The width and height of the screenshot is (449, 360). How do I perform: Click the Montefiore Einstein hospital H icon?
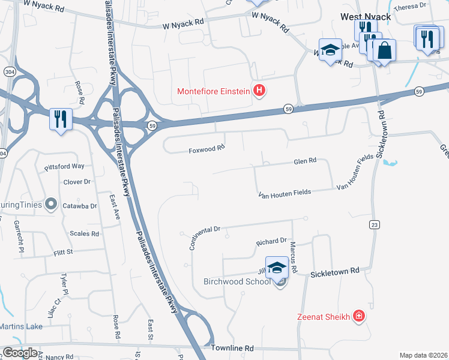coord(259,91)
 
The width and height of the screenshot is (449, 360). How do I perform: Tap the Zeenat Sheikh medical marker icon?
coord(359,316)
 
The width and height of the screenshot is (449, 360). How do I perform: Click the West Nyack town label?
coord(365,17)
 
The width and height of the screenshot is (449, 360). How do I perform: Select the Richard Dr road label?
coord(271,242)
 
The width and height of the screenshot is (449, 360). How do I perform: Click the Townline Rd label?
coord(232,348)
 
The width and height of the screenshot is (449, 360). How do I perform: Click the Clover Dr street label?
coord(77,181)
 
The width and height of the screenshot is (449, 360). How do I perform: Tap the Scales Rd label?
coord(84,233)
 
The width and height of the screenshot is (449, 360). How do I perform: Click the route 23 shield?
coord(374,224)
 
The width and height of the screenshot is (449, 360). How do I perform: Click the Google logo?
coord(20,353)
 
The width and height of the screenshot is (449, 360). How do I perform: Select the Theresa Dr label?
coord(414,5)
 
